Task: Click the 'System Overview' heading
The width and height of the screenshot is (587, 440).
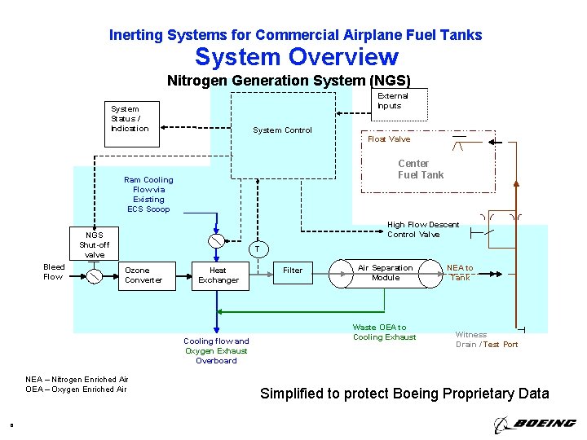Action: [x=296, y=57]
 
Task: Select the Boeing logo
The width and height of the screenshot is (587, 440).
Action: [x=534, y=424]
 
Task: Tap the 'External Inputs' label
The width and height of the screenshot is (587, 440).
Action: [x=392, y=100]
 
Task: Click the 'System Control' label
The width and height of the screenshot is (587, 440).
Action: [x=282, y=130]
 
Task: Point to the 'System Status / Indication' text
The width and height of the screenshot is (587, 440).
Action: [x=130, y=118]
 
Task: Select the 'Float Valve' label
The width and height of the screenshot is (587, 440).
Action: [x=389, y=139]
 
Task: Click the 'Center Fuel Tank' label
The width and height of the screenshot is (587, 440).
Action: [x=420, y=169]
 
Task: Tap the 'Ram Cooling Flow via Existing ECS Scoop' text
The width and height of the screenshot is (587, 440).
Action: [x=148, y=194]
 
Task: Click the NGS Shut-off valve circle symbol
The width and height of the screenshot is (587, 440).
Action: [x=95, y=275]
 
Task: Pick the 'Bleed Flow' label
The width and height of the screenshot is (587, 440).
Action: [x=54, y=271]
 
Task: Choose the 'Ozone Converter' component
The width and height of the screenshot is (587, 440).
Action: [x=143, y=275]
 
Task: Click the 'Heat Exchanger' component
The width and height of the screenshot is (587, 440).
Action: [x=218, y=275]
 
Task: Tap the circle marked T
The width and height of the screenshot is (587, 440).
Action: [x=256, y=249]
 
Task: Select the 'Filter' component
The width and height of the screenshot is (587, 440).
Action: [x=293, y=271]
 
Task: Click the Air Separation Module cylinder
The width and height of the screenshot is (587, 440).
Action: [x=386, y=273]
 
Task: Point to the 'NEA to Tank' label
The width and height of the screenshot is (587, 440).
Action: [x=460, y=273]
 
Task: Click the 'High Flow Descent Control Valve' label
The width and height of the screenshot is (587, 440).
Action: [x=423, y=230]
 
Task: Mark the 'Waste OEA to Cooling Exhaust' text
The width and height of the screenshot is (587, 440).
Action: [x=384, y=332]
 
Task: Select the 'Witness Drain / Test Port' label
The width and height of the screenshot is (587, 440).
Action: [x=486, y=339]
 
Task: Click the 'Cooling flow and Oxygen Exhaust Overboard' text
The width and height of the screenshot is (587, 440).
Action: [x=216, y=350]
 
